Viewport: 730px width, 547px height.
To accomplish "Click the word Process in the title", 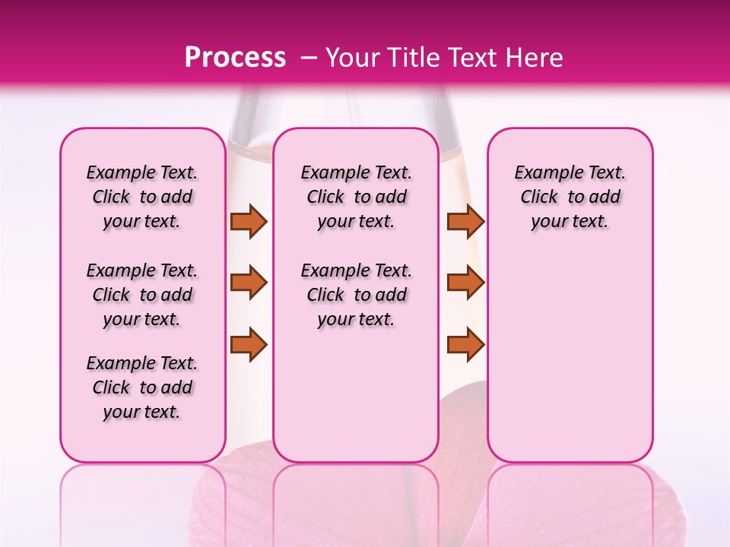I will point(235,58).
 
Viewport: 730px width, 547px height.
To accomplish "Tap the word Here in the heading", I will point(534,58).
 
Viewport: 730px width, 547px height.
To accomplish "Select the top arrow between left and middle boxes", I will point(249,221).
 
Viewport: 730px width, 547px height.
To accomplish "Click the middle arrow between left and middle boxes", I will point(249,283).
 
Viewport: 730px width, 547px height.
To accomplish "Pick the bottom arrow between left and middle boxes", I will point(249,343).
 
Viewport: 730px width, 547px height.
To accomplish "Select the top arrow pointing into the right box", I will point(465,221).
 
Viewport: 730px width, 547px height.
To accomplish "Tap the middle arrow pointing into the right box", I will point(465,283).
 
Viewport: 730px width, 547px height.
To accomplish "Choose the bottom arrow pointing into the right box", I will point(465,343).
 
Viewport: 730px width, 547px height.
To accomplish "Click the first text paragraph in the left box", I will point(142,197).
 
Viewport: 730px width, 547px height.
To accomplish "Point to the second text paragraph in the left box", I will point(142,295).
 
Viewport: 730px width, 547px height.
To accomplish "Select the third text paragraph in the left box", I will point(142,387).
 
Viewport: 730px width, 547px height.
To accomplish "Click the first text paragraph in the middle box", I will point(357,197).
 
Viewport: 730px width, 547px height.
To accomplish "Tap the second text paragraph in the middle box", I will point(357,295).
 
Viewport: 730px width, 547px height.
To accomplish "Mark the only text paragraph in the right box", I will point(570,197).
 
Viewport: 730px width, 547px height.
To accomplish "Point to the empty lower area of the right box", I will point(570,349).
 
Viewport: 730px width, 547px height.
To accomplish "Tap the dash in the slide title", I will point(310,58).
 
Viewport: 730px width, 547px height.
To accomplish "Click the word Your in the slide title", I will point(354,58).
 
